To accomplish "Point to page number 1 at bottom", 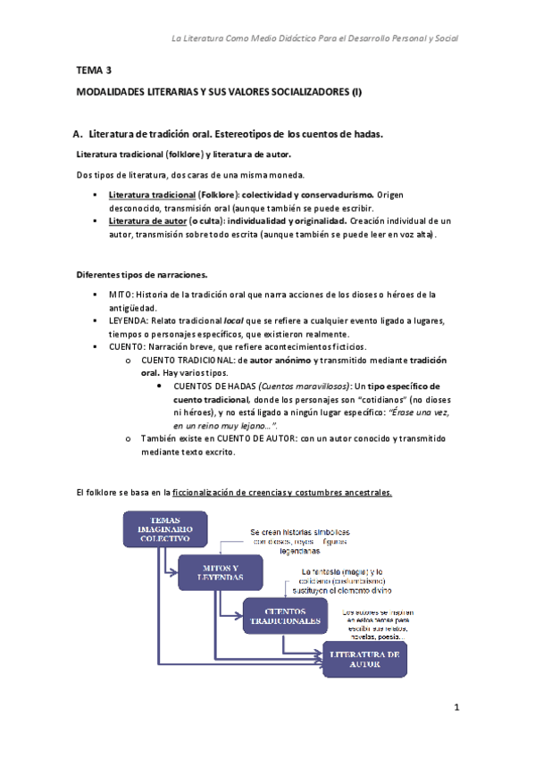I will coord(456,709).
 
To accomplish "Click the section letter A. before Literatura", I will coord(78,134).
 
